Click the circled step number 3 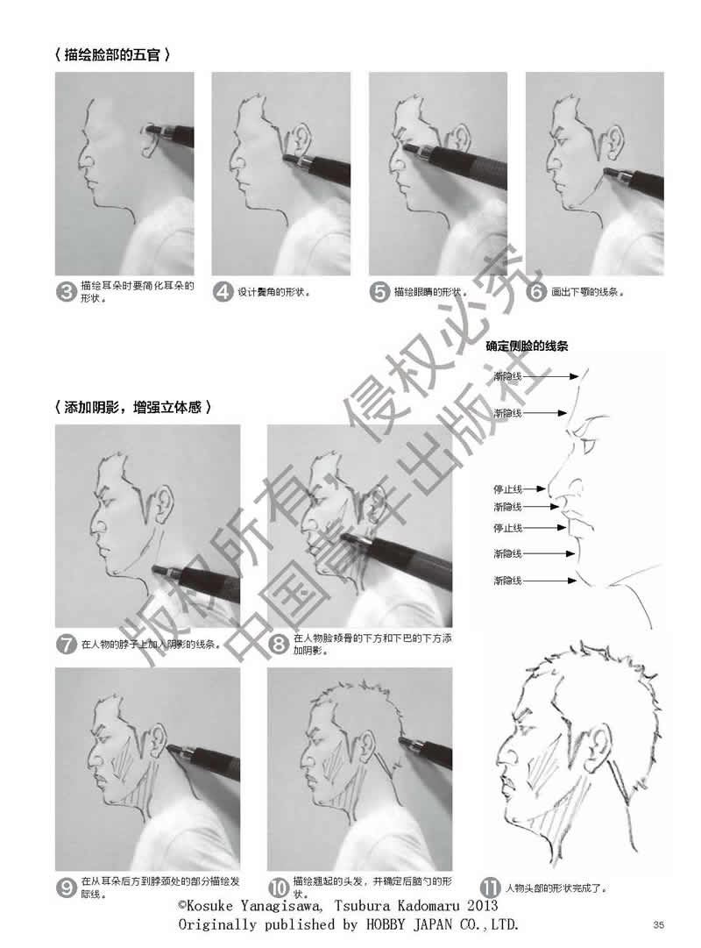click(66, 292)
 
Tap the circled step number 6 click(536, 292)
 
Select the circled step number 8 click(278, 644)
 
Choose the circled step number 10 click(279, 887)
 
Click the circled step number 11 click(490, 887)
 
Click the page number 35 click(658, 924)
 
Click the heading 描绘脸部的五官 click(112, 55)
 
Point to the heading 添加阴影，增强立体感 click(132, 407)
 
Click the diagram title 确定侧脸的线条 click(527, 346)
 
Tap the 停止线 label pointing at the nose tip click(507, 488)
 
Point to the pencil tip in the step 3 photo click(146, 129)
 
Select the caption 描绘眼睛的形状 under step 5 click(427, 292)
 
